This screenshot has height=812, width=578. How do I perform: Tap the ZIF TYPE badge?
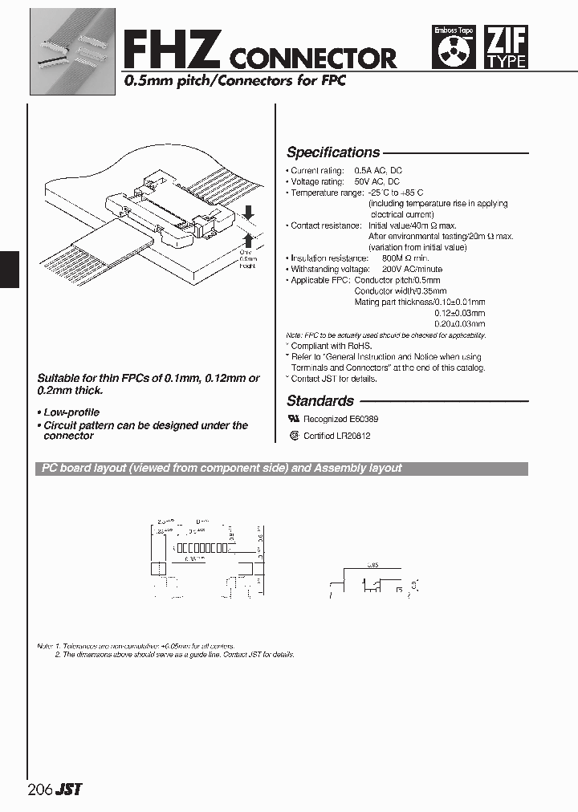(507, 48)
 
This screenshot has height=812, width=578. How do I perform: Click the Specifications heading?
(333, 152)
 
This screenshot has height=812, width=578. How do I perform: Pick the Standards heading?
(320, 401)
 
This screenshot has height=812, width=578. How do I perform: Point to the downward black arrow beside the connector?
(249, 212)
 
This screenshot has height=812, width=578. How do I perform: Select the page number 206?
(39, 790)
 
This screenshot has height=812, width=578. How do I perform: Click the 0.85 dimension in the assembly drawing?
(373, 566)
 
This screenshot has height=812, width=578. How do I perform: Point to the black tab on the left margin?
(9, 269)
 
